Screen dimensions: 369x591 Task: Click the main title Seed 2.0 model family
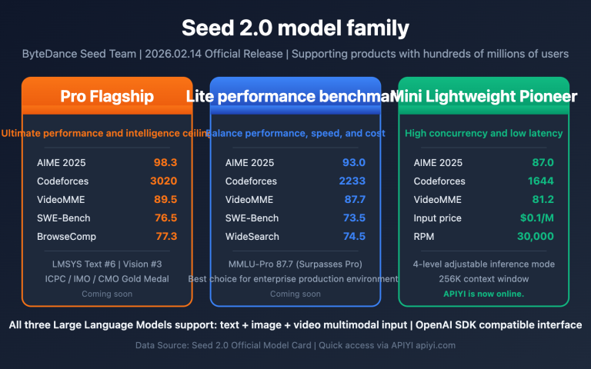pos(295,28)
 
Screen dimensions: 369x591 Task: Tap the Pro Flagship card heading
pos(107,96)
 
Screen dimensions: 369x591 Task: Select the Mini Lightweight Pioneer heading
pos(484,96)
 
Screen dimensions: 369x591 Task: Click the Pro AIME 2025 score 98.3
pos(165,163)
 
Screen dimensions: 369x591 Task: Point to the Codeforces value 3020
pos(163,181)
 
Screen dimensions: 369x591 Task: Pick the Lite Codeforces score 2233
pos(352,181)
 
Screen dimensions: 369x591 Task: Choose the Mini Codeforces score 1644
pos(540,181)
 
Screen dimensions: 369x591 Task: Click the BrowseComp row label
pos(66,237)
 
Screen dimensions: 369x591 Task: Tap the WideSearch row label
pos(252,237)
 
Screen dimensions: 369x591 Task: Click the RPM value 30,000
pos(535,237)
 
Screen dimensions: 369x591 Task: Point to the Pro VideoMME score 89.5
pos(165,200)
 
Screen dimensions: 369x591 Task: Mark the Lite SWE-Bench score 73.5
pos(353,218)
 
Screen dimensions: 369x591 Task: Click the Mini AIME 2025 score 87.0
pos(542,163)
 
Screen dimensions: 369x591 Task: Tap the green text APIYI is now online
pos(484,294)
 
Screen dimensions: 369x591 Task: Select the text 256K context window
pos(484,278)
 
